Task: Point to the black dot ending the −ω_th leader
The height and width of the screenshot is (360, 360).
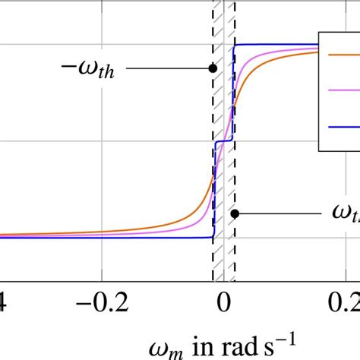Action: click(x=213, y=68)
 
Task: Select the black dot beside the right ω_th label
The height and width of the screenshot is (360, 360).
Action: click(x=235, y=213)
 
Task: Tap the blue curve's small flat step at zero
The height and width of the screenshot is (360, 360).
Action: click(x=224, y=141)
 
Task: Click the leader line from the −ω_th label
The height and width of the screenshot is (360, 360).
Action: click(x=167, y=68)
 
